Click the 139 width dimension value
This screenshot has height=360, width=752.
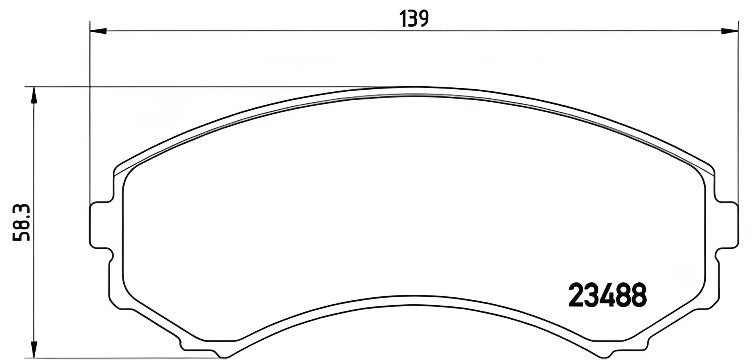tap(414, 18)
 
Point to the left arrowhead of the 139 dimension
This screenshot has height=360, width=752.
tap(98, 30)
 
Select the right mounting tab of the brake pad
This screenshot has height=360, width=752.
tap(728, 225)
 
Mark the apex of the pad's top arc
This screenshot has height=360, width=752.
tap(411, 88)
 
